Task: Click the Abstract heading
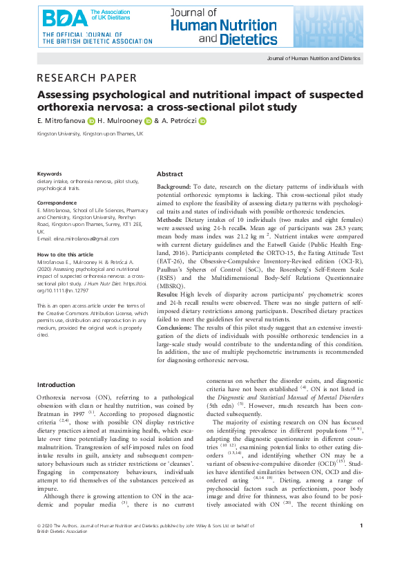tap(170, 174)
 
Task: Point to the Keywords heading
tap(49, 173)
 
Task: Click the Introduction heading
tap(55, 384)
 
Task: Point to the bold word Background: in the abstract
tap(174, 187)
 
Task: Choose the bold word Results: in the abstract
tap(169, 293)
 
